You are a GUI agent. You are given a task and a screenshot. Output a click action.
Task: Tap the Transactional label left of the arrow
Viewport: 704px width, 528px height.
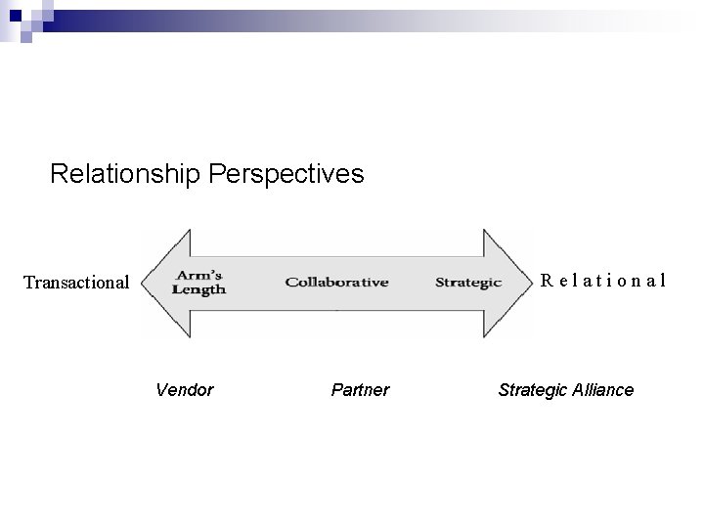(x=76, y=283)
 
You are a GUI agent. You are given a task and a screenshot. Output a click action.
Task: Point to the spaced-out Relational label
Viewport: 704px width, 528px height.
(x=603, y=281)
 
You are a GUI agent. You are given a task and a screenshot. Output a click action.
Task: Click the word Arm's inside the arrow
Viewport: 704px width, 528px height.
(x=198, y=275)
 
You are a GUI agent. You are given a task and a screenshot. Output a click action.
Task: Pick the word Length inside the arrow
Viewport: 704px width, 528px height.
(x=198, y=289)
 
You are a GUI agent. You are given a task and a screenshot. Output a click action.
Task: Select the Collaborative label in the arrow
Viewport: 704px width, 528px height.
(x=336, y=283)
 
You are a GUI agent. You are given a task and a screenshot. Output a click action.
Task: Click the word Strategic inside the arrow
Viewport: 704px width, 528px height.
(x=468, y=283)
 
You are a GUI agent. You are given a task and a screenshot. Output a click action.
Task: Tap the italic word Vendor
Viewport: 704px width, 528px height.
(x=184, y=390)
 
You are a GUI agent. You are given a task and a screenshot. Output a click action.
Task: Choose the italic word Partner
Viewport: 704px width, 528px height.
(x=360, y=390)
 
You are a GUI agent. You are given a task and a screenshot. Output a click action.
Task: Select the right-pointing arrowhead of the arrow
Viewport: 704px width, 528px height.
(x=511, y=283)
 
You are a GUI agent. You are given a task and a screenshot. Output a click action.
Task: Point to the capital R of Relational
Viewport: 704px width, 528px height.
(x=548, y=281)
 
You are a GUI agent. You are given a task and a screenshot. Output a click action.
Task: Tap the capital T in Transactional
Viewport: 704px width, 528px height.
(x=28, y=283)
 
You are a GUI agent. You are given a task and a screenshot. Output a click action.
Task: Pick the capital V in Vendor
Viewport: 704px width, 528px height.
(x=161, y=390)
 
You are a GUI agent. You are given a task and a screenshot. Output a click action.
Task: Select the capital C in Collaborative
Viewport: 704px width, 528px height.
(x=290, y=283)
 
